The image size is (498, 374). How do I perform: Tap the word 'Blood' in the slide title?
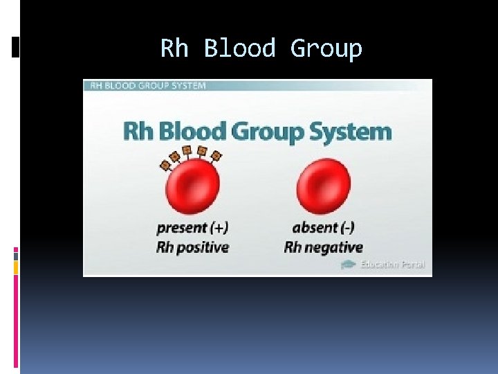(239, 49)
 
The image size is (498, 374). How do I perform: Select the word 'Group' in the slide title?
(326, 49)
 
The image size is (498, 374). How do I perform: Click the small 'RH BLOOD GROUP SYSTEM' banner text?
(146, 86)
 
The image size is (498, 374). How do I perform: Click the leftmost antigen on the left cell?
(165, 165)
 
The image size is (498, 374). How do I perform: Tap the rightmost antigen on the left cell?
(216, 157)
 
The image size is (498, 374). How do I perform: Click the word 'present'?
(182, 227)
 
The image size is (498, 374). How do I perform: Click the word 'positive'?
(201, 247)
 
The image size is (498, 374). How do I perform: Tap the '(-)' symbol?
(346, 227)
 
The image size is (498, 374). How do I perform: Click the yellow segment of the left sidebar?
(16, 266)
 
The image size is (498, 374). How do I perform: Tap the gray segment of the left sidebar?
(16, 256)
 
